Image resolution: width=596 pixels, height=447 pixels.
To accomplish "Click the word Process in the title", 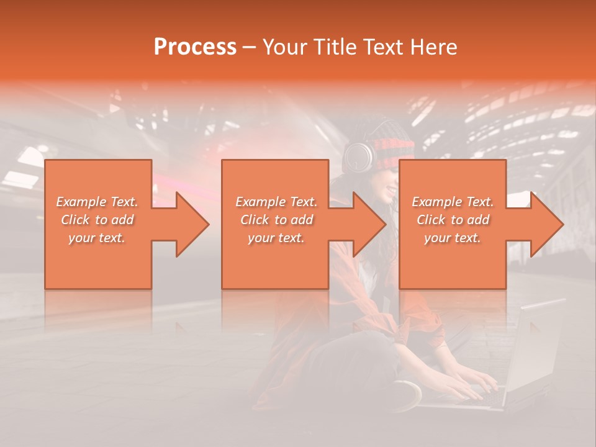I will pyautogui.click(x=195, y=47).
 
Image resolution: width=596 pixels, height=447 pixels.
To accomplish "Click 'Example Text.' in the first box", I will pyautogui.click(x=97, y=202).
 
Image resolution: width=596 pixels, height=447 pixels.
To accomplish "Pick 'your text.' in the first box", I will pyautogui.click(x=97, y=238).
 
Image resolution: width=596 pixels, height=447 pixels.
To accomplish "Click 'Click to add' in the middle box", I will pyautogui.click(x=276, y=220).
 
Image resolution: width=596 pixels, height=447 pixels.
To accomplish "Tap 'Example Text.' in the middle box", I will pyautogui.click(x=276, y=202).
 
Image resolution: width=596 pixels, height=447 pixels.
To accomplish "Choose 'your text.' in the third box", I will pyautogui.click(x=453, y=238).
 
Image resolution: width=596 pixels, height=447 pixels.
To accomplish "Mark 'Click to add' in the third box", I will pyautogui.click(x=453, y=220).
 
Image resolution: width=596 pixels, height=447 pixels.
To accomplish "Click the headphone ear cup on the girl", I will pyautogui.click(x=358, y=158).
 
